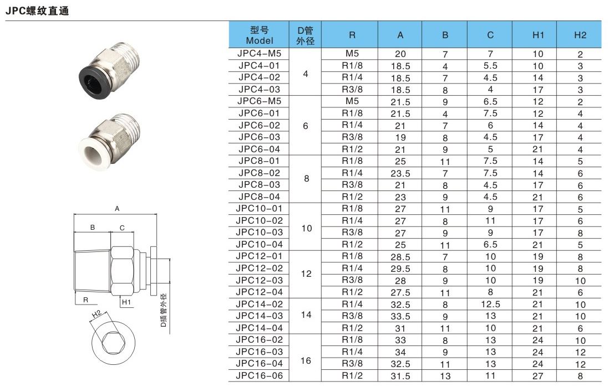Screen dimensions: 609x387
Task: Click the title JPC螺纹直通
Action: coord(37,11)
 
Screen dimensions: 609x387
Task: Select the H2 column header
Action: coord(580,35)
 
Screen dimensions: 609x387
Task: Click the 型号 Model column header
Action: coord(260,35)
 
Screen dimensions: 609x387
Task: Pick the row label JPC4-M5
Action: coord(259,54)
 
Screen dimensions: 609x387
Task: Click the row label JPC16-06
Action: coord(259,375)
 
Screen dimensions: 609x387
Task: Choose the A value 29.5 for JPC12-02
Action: coord(400,269)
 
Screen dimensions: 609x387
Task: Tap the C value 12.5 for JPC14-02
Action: coord(490,304)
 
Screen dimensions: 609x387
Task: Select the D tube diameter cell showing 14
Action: coord(306,314)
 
